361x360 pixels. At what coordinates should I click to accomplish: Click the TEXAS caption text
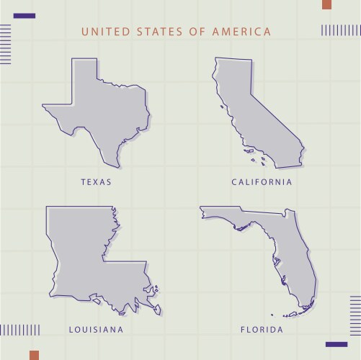coord(96,182)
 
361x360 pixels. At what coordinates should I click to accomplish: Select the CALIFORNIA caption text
coord(262,182)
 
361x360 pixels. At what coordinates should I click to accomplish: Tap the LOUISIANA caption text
coord(96,330)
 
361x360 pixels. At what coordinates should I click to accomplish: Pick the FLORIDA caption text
coord(262,330)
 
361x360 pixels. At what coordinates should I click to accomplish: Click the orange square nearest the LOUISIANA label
coord(34,354)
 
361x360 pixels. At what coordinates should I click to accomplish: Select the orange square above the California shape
coord(326,4)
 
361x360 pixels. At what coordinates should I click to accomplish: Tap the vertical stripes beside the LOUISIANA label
coord(20,330)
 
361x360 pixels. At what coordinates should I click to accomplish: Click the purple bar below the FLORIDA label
coord(336,344)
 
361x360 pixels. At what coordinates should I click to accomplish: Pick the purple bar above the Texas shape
coord(24,15)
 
